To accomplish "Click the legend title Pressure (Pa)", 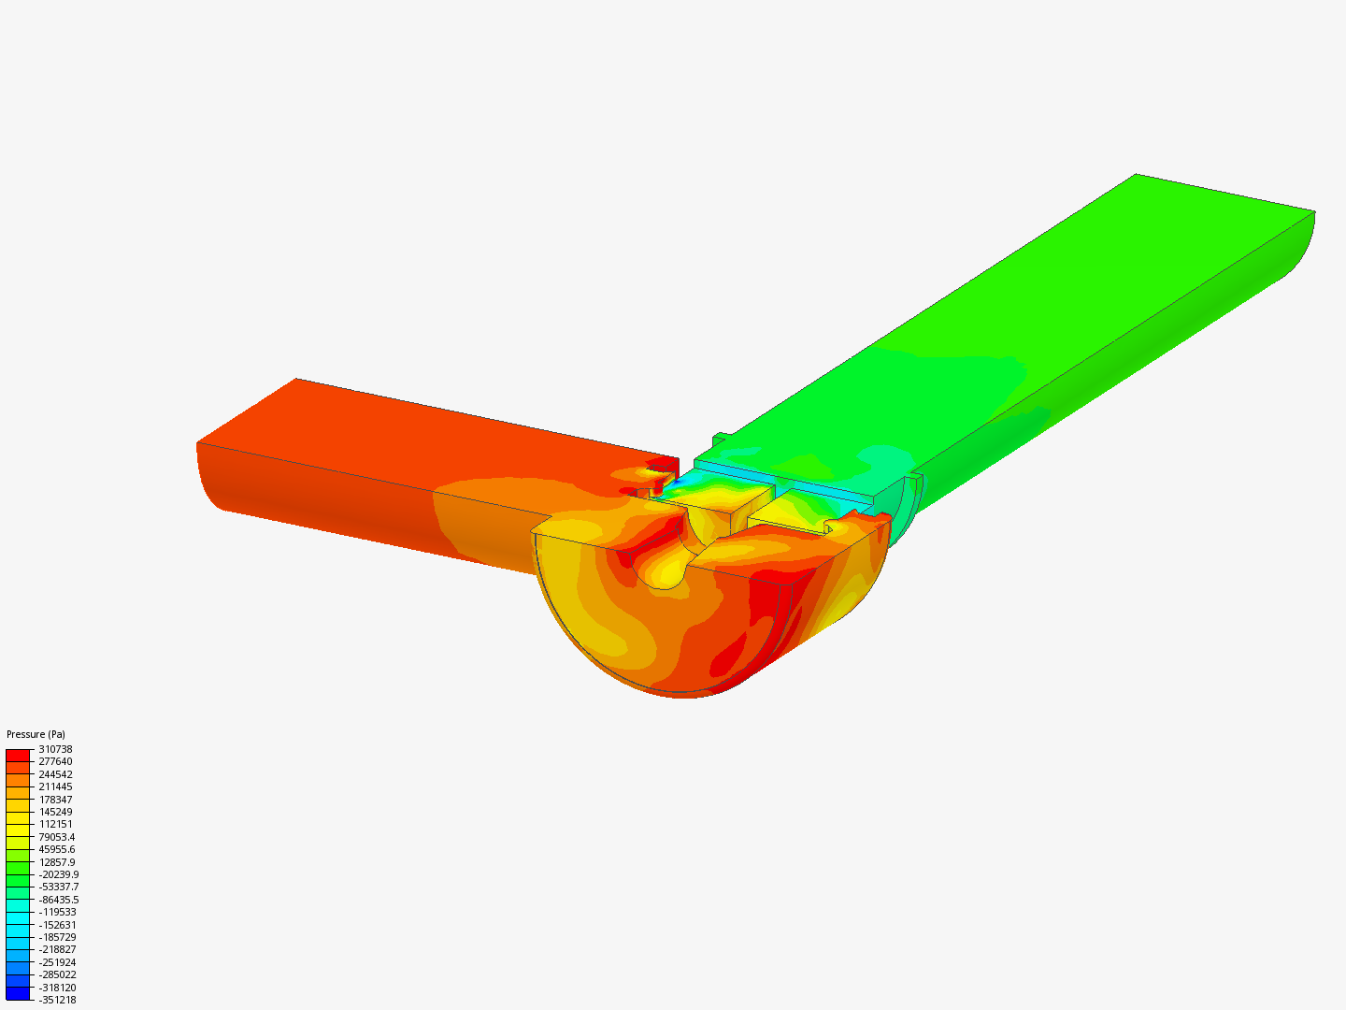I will click(36, 734).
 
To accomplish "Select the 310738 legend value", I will click(55, 749).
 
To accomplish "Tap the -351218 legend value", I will click(57, 1000).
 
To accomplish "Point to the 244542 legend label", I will click(55, 774).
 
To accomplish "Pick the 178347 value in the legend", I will click(55, 800).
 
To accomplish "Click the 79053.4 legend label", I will click(56, 837).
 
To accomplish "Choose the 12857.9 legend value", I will click(56, 862).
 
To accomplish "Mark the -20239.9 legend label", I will click(58, 874).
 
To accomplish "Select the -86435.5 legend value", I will click(58, 900).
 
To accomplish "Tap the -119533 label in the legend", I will click(57, 912).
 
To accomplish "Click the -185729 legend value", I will click(57, 937).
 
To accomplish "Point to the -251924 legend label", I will click(57, 962).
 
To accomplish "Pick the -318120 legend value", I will click(57, 988).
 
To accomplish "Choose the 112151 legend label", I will click(55, 824).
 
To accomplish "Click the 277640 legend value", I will click(55, 761).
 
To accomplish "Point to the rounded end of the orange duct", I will click(208, 477).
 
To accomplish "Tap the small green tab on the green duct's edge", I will click(720, 439).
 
